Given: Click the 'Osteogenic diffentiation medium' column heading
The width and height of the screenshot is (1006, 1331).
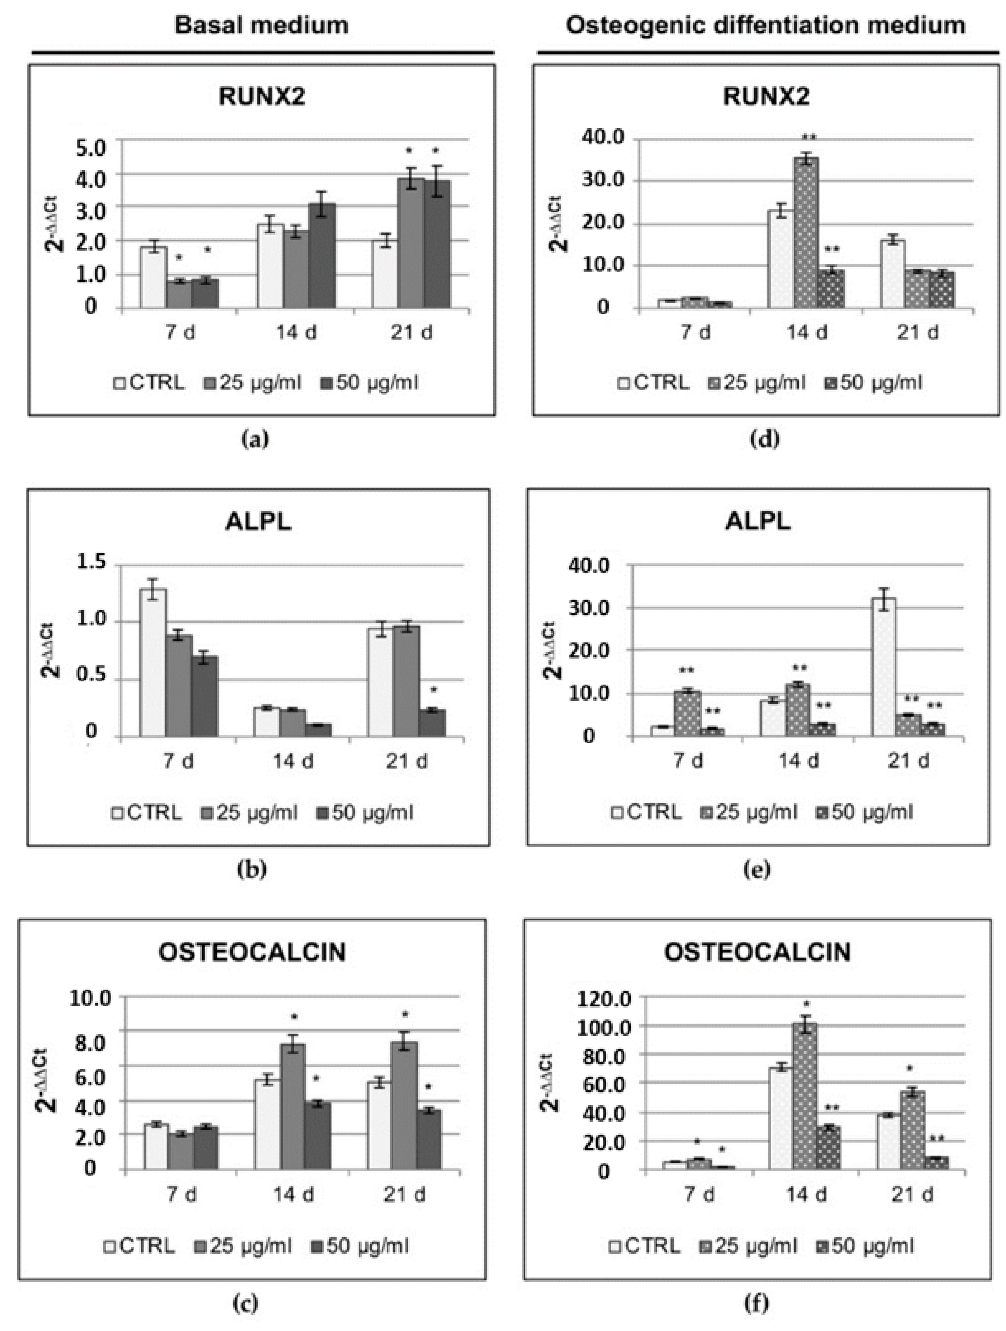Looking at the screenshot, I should coord(765,25).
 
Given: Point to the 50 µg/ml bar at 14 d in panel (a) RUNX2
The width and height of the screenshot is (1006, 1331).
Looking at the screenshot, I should coord(322,256).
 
